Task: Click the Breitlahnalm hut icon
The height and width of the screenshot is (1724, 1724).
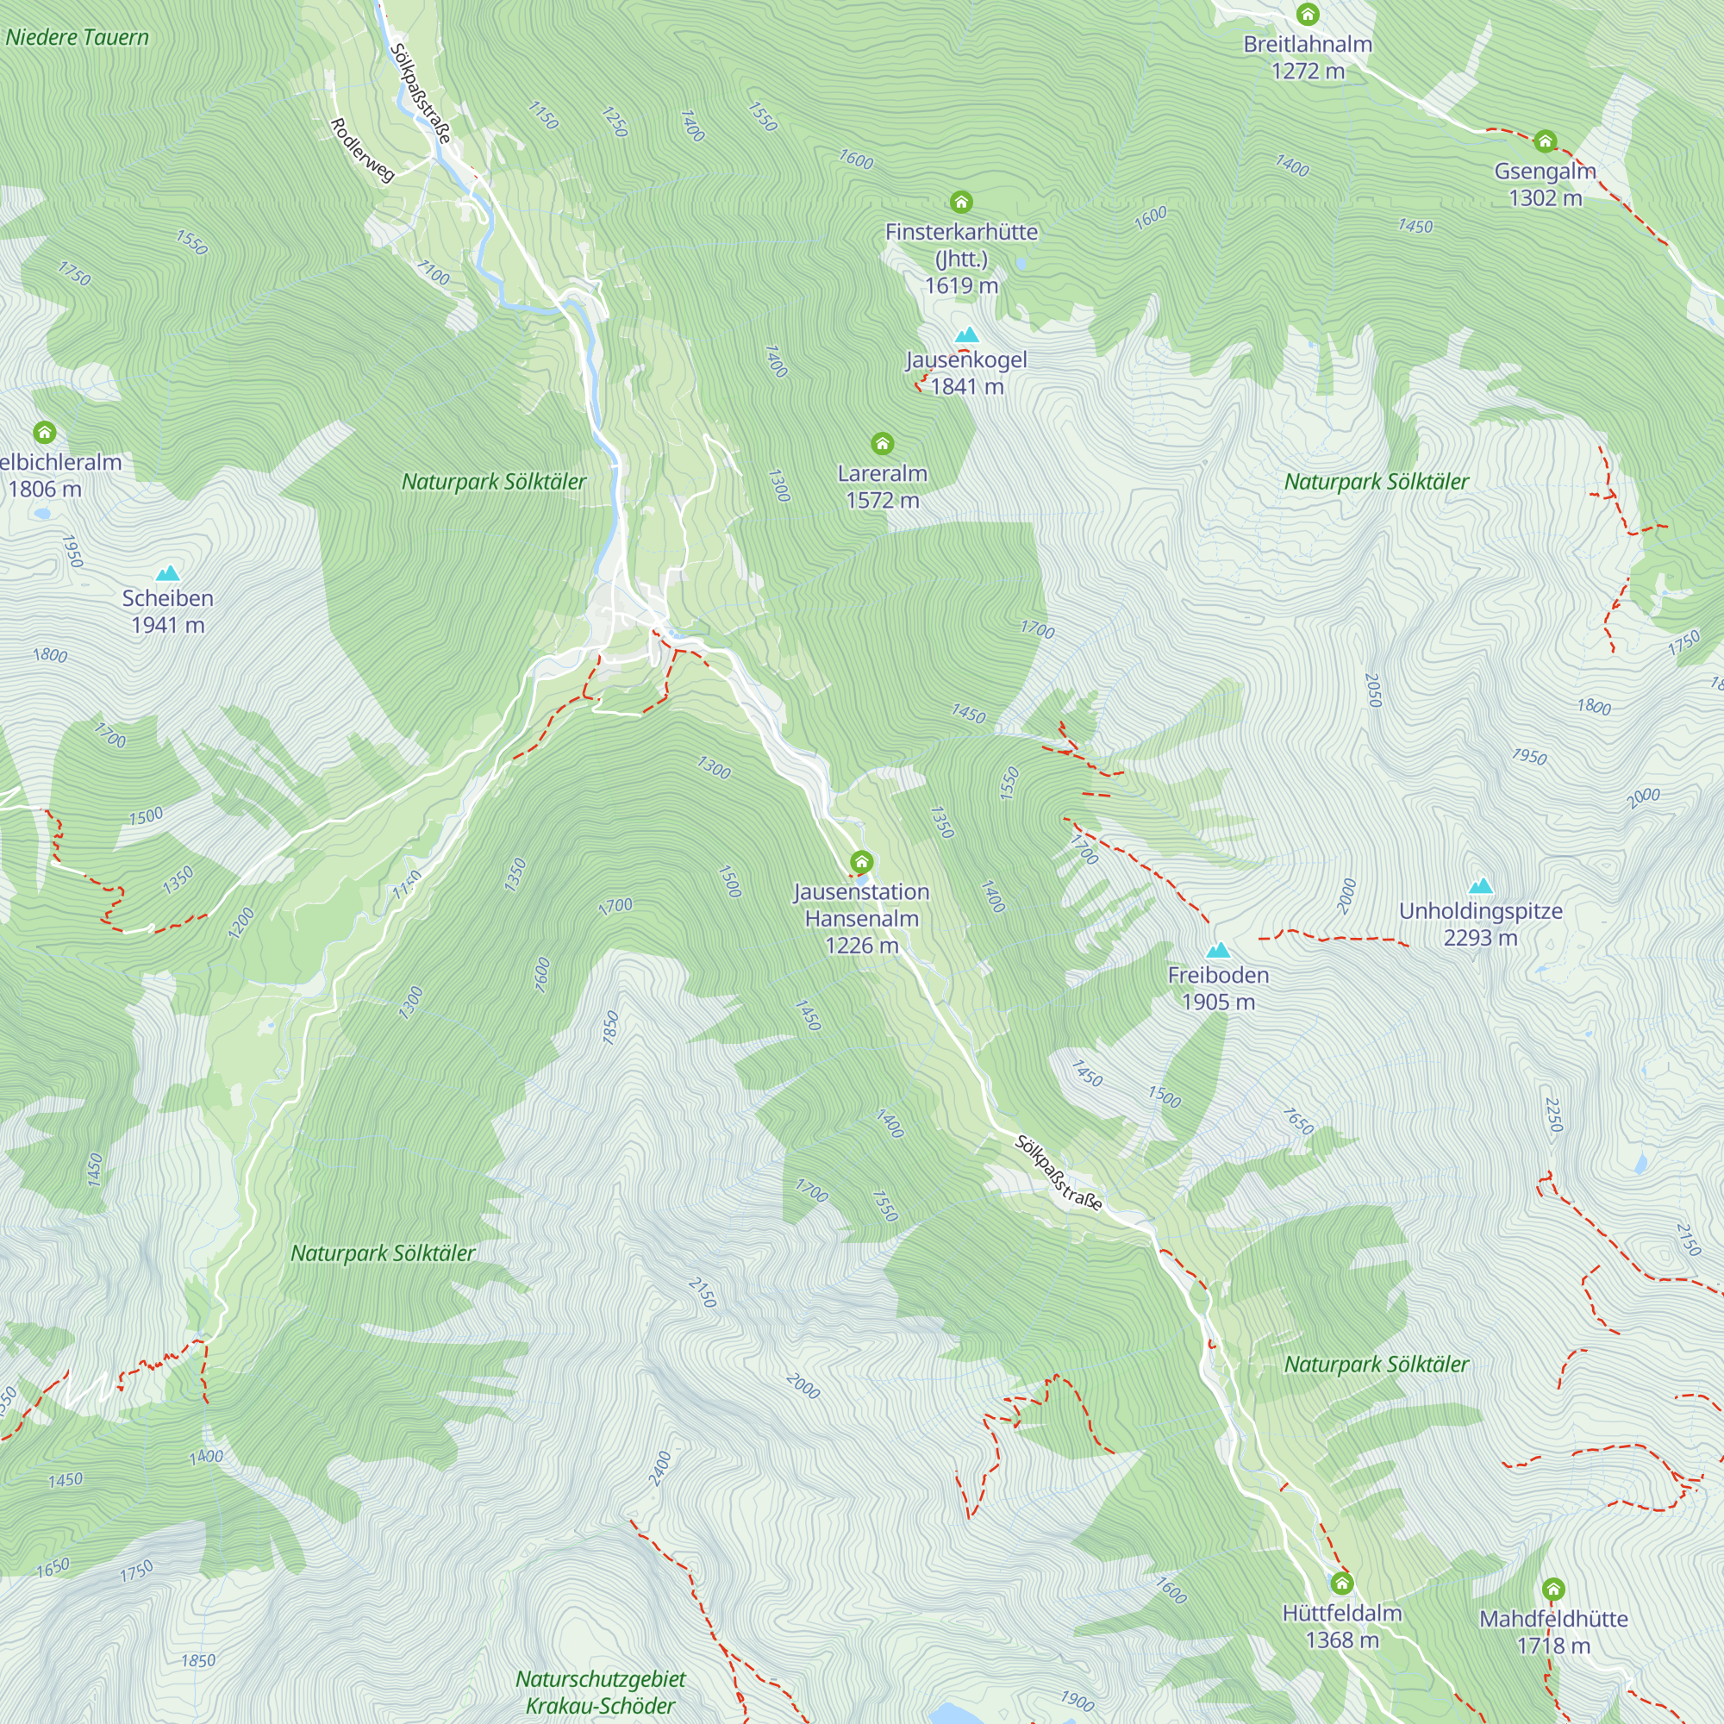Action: [x=1308, y=15]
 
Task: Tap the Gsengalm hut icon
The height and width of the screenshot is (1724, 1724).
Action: [x=1545, y=141]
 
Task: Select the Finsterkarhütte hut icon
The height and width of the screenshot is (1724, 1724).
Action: [x=961, y=202]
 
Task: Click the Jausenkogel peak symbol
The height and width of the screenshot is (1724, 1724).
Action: [x=967, y=335]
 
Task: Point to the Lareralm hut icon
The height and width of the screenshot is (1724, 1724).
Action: [x=882, y=443]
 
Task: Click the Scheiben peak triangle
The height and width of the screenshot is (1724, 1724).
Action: [x=168, y=573]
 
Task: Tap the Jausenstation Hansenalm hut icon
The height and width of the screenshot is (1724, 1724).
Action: [x=861, y=862]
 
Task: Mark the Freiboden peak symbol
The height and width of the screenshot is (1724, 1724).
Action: [x=1218, y=949]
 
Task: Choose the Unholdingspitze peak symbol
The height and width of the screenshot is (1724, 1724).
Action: [x=1480, y=885]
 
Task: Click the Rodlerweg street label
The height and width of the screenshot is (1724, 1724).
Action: [x=362, y=150]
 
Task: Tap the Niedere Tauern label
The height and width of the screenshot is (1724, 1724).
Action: [x=78, y=37]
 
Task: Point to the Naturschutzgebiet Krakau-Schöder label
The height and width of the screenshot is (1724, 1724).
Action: [x=601, y=1692]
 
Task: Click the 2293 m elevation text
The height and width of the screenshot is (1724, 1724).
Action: [x=1480, y=938]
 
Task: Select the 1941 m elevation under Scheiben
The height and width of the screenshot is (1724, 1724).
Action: [x=168, y=626]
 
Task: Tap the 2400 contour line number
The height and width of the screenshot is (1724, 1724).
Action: [x=660, y=1468]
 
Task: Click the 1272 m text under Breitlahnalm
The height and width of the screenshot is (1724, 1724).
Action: [x=1308, y=72]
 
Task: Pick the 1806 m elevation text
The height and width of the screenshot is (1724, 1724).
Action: [x=45, y=489]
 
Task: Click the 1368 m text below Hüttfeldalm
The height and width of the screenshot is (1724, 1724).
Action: [x=1342, y=1640]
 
